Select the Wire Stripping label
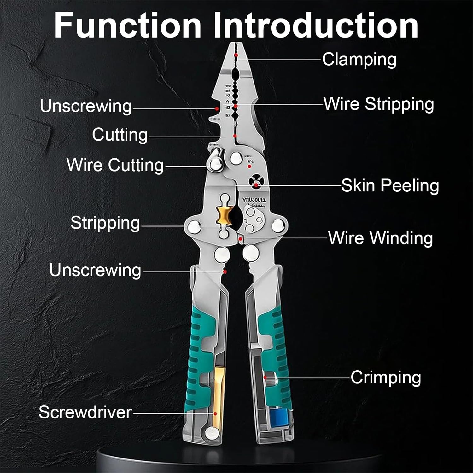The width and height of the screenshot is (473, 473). [x=379, y=104]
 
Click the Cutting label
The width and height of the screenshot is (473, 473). [x=120, y=135]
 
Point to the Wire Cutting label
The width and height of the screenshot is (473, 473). [x=115, y=165]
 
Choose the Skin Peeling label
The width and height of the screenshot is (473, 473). [x=390, y=185]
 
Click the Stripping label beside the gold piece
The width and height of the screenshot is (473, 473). [x=105, y=223]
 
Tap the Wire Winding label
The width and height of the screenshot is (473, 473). [x=380, y=238]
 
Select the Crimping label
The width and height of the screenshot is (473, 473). [x=386, y=377]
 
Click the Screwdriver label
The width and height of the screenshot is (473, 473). [x=85, y=412]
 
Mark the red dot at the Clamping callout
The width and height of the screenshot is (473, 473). [x=236, y=55]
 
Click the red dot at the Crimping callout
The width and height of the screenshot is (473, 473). [x=266, y=377]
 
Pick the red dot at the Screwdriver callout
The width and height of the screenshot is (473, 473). [x=215, y=413]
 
